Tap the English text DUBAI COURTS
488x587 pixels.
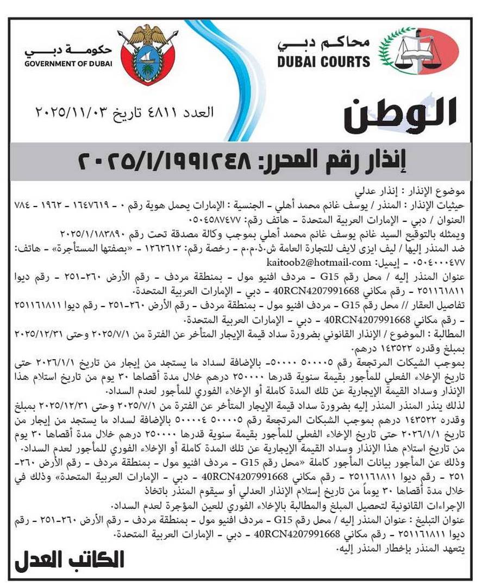click(323, 61)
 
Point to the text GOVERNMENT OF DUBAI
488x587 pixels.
click(68, 64)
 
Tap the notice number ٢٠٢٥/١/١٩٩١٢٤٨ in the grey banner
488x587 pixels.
click(166, 161)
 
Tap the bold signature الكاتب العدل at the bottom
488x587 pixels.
click(70, 560)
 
